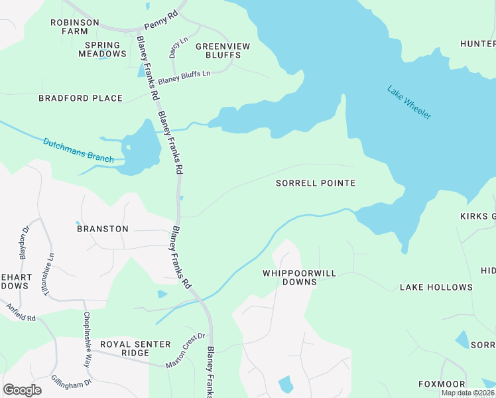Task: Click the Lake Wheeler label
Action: [x=409, y=103]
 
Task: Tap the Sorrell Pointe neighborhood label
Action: [x=316, y=183]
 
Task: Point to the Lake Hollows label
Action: [x=436, y=287]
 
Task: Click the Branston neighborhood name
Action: [x=103, y=229]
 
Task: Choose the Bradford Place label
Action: [x=80, y=98]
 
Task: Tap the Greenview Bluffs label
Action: [x=218, y=50]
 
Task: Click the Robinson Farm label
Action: [x=75, y=27]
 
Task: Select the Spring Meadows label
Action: [x=103, y=50]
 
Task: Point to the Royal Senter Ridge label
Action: [x=135, y=349]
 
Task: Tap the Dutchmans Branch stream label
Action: [x=79, y=151]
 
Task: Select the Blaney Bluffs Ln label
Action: [x=184, y=73]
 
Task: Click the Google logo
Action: [x=22, y=390]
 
